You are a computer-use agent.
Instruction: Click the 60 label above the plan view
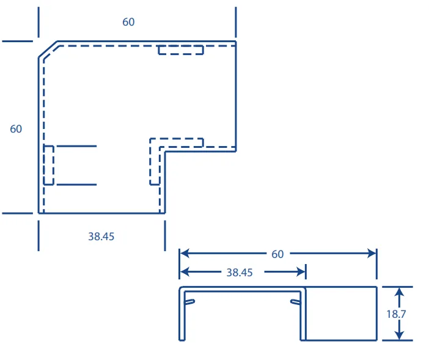128,22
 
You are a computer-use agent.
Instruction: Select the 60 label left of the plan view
16,129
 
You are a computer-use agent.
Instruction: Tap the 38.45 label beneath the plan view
101,237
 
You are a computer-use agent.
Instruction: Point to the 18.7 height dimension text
396,314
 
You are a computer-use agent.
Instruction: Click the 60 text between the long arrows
277,254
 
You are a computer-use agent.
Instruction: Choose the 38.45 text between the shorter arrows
240,273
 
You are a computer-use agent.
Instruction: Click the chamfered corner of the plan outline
48,50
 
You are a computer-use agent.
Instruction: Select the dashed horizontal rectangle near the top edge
181,50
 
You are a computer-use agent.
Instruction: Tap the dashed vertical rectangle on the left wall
48,165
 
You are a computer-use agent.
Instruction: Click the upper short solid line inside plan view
76,146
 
